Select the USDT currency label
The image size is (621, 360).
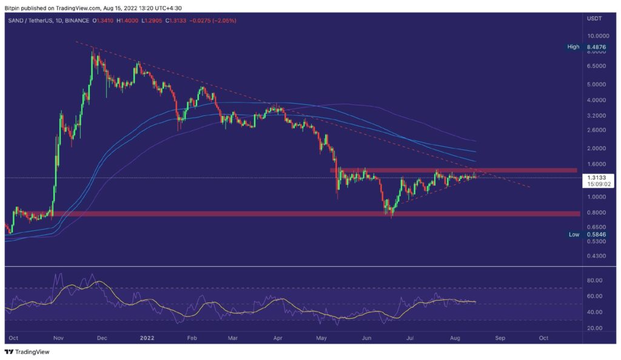pyautogui.click(x=595, y=20)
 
